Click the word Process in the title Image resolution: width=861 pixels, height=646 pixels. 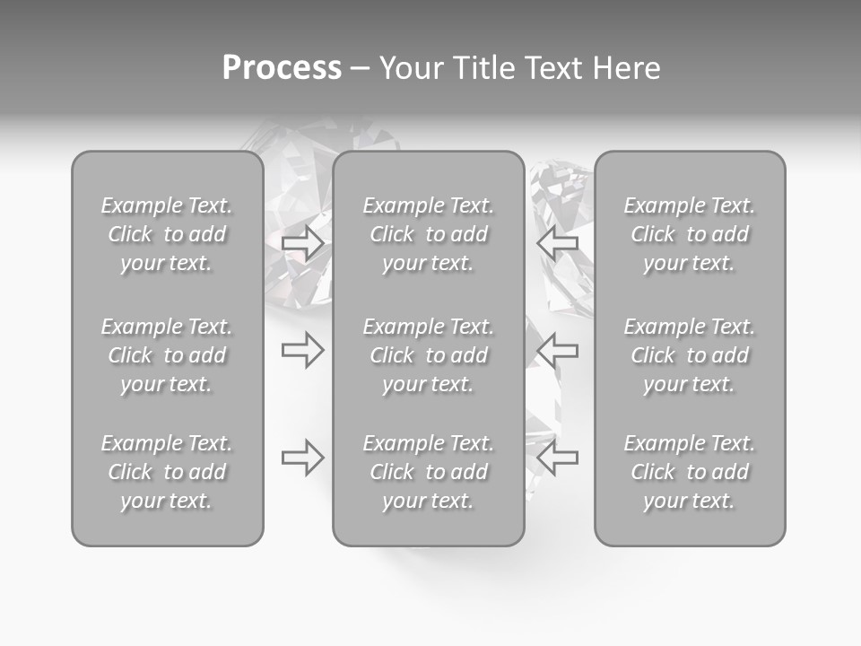282,68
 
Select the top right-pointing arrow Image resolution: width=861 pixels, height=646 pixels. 302,242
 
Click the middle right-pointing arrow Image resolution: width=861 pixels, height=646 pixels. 302,350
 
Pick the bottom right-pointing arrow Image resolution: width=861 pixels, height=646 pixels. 302,458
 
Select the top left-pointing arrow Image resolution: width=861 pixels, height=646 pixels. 558,242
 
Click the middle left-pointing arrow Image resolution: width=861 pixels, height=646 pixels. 558,350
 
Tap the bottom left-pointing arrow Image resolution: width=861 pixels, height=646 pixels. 558,458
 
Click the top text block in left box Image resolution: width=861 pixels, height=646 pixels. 167,234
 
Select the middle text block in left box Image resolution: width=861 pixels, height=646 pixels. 167,355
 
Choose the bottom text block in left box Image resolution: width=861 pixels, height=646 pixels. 167,472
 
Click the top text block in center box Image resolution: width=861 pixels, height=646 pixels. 428,234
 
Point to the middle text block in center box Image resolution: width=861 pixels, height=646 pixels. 428,355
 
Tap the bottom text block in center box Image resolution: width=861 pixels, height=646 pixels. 428,472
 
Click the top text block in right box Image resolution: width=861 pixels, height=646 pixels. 689,234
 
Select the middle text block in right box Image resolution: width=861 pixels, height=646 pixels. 689,355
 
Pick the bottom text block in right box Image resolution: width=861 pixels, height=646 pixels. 689,472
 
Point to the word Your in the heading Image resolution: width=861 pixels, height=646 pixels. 411,68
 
